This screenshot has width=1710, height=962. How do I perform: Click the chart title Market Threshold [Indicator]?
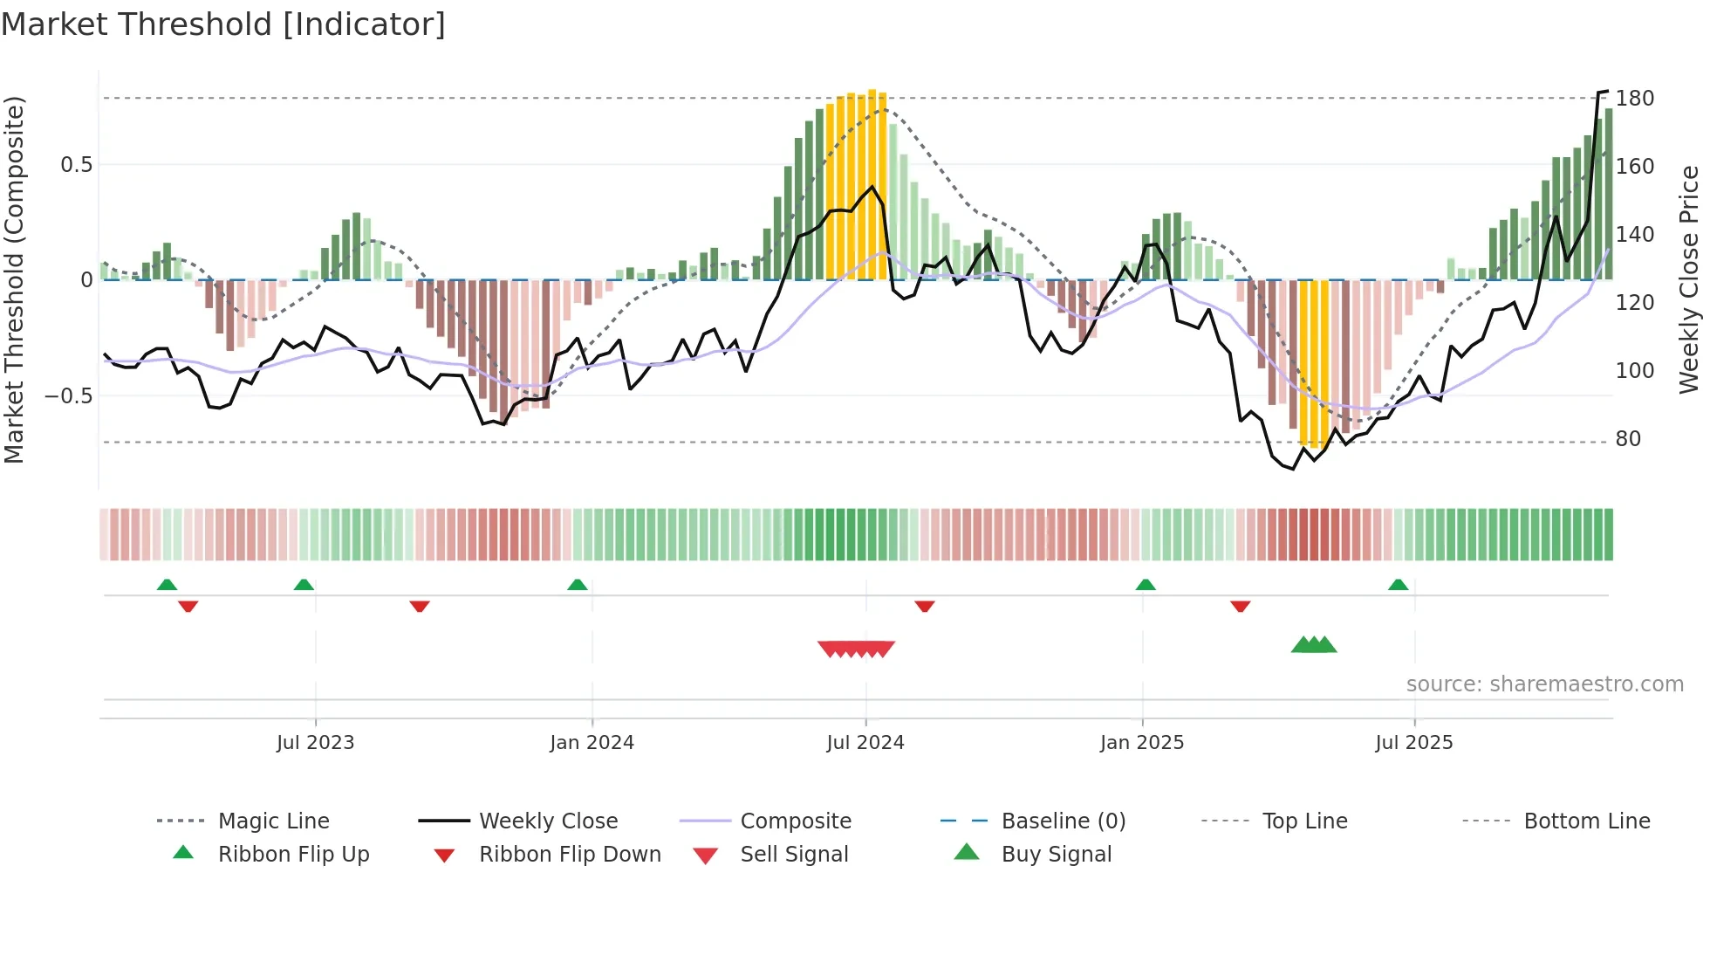[x=223, y=24]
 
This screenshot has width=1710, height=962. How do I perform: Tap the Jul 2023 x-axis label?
[x=315, y=743]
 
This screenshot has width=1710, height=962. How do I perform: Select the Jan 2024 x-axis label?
[x=592, y=743]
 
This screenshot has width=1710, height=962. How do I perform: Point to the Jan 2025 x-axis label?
[x=1141, y=743]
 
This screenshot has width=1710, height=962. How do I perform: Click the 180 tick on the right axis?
[x=1634, y=99]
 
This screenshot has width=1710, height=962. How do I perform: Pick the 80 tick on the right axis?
[x=1628, y=439]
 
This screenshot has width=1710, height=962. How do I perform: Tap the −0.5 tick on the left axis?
[x=68, y=396]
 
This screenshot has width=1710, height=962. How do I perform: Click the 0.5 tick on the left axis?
[x=76, y=165]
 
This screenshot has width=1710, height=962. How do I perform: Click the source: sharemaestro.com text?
[x=1544, y=684]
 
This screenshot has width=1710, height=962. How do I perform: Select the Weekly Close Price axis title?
[x=1689, y=279]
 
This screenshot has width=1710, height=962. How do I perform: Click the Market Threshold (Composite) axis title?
[x=14, y=279]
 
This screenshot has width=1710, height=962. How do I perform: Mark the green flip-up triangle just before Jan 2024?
[x=577, y=585]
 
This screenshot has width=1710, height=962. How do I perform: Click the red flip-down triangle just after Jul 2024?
[x=925, y=606]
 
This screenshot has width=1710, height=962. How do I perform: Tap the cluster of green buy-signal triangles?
[x=1314, y=645]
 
